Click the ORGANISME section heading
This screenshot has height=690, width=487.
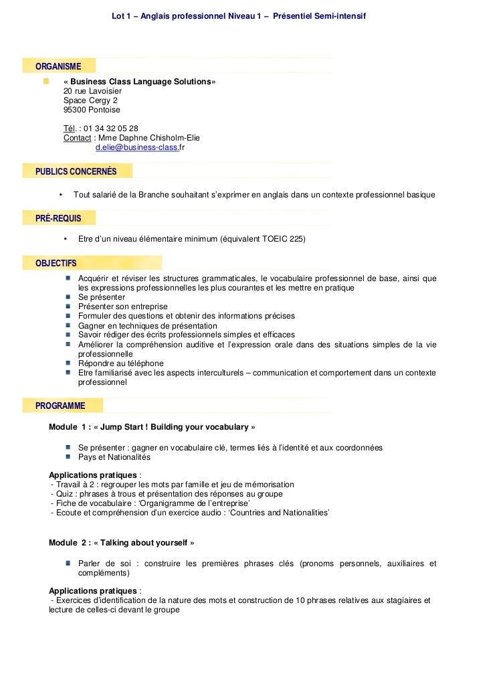tap(58, 66)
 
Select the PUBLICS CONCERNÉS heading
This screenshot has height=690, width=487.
tap(76, 171)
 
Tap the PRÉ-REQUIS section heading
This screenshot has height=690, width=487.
tap(58, 218)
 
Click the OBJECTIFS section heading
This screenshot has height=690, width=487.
tap(56, 263)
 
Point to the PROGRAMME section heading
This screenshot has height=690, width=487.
tap(60, 406)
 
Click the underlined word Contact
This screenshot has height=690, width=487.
tap(77, 138)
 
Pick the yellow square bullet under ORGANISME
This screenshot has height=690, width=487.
tap(45, 81)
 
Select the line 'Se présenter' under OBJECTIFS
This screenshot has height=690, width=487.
tap(101, 296)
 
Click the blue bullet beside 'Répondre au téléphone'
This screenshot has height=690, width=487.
tap(69, 363)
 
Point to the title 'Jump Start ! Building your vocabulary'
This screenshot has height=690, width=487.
tap(175, 427)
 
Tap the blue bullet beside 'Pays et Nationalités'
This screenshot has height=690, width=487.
tap(69, 457)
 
